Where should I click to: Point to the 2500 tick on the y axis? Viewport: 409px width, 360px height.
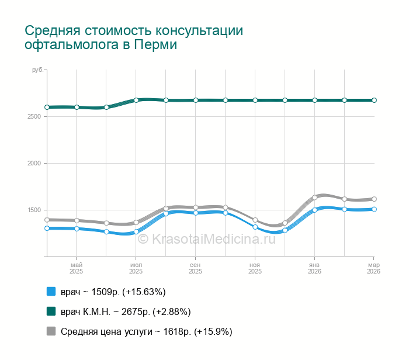pyautogui.click(x=33, y=117)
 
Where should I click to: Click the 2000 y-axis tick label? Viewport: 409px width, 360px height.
pyautogui.click(x=33, y=164)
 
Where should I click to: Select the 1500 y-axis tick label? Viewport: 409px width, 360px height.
pyautogui.click(x=33, y=210)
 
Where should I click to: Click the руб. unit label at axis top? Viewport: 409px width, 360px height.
pyautogui.click(x=37, y=70)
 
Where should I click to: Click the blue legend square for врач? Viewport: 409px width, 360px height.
pyautogui.click(x=51, y=292)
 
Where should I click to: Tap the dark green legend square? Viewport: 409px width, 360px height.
pyautogui.click(x=51, y=311)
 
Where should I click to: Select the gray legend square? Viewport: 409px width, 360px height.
pyautogui.click(x=51, y=331)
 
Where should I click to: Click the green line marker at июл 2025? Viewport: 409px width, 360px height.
pyautogui.click(x=136, y=100)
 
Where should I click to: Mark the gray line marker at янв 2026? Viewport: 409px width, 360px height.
pyautogui.click(x=314, y=197)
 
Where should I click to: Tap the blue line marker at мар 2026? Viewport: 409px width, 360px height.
pyautogui.click(x=374, y=209)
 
